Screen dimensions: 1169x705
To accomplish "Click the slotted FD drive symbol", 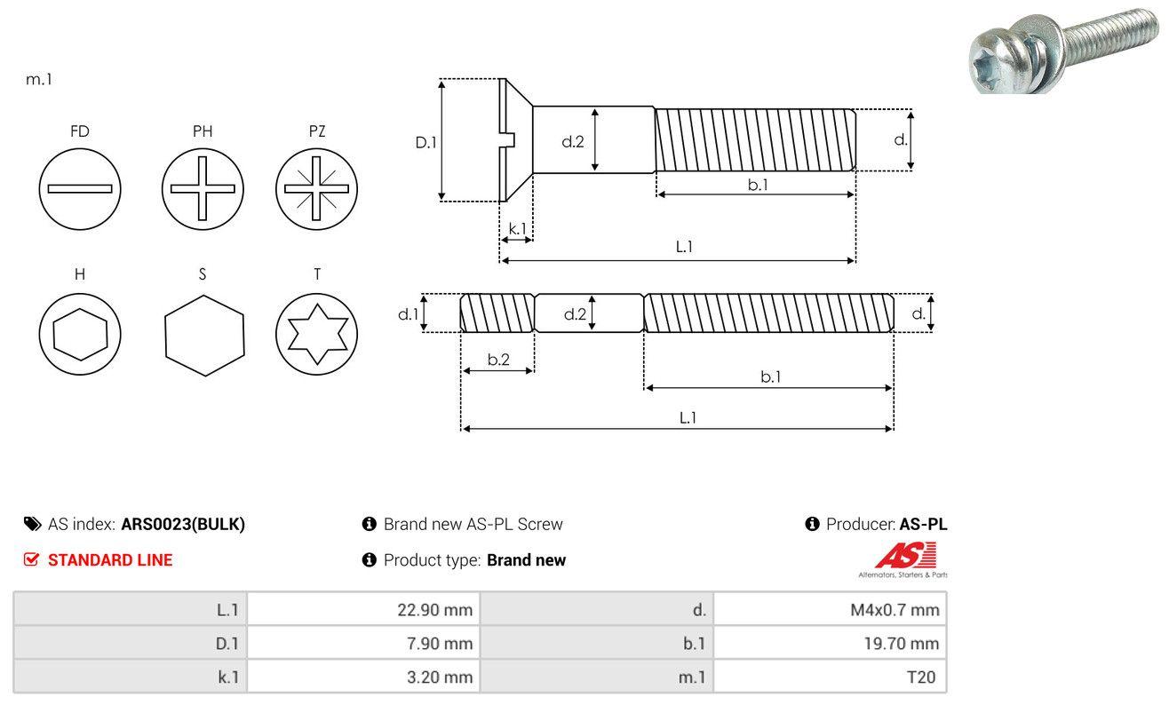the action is [80, 189].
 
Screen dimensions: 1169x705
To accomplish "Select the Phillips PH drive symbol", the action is [203, 189].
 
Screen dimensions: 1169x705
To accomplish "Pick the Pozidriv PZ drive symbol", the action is [317, 189].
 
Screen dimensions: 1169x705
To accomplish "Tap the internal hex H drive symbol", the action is [80, 334].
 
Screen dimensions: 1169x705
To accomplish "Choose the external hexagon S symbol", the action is [204, 336].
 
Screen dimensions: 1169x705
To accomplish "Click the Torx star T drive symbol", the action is [317, 334].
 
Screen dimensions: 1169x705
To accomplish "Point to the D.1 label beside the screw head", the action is [425, 142].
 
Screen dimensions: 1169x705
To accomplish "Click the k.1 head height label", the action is [517, 228].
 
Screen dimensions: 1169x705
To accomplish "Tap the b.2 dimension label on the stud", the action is [498, 359].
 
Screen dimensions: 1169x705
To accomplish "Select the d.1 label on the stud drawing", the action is [408, 313].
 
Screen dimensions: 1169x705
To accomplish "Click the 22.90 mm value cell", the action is [363, 609].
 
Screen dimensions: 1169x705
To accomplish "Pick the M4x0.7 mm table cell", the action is [830, 609].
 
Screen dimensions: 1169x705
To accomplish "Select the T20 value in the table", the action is [921, 677].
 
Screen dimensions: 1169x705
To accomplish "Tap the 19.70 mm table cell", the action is [830, 643].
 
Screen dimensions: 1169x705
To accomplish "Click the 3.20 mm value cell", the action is [363, 677].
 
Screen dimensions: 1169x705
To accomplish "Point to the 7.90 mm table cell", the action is [363, 643].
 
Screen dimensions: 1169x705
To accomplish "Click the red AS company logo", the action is [906, 555].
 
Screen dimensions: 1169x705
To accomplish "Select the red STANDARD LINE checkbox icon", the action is [31, 559].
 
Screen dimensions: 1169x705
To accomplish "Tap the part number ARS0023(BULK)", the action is [183, 524].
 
